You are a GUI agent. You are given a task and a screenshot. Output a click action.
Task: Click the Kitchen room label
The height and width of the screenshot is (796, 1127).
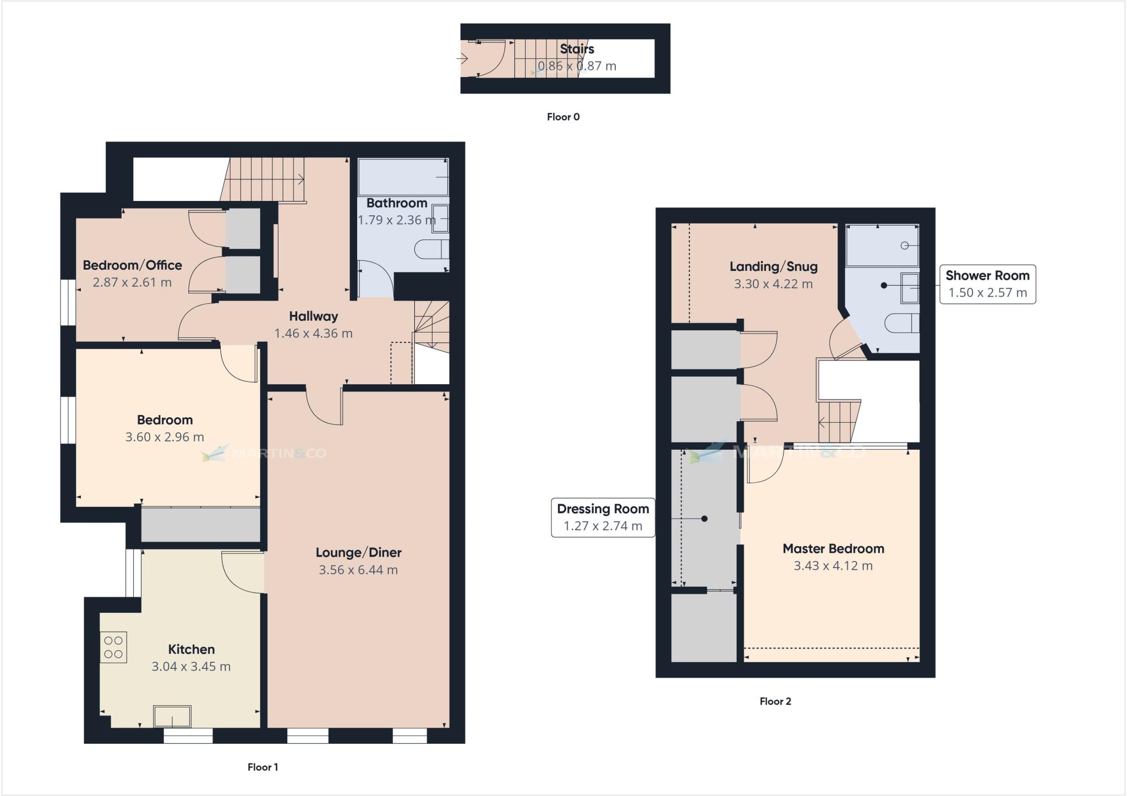pos(191,649)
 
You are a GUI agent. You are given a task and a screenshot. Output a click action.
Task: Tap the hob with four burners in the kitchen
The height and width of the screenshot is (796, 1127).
pos(113,647)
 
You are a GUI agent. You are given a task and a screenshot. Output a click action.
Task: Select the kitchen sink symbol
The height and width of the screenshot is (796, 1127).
pos(172,716)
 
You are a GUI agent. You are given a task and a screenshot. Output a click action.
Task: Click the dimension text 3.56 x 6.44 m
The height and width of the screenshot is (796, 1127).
pos(358,570)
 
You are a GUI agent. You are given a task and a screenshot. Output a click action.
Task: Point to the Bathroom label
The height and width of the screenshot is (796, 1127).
pos(397,203)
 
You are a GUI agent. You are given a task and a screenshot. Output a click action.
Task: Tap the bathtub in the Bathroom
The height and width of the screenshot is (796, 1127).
pos(403,177)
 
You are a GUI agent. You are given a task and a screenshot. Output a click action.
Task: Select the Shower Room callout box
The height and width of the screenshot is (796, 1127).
pos(987,284)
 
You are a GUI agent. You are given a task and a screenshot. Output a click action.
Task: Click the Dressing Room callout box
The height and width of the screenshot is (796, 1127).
pos(603,517)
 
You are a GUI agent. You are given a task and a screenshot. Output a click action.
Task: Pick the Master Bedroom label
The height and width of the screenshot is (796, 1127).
pos(833,548)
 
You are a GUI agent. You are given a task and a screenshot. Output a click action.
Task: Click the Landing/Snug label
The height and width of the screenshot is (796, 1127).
pos(773,266)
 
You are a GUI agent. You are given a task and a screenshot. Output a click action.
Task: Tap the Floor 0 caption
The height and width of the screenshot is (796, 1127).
pos(563,117)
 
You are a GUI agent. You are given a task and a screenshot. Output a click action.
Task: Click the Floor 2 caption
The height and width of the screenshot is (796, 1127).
pos(775,701)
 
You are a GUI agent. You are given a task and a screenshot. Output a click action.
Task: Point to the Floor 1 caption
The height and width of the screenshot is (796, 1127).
pos(262,767)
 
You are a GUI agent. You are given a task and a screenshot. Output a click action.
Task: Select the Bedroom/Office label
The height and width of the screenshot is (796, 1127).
pos(132,265)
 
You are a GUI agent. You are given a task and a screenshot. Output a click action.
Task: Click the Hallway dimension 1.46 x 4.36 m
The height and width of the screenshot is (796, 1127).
pos(313,333)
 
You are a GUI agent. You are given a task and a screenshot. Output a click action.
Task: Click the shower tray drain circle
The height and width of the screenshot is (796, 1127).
pos(905,246)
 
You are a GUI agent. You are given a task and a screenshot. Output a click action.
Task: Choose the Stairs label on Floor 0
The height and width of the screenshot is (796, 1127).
pos(577,48)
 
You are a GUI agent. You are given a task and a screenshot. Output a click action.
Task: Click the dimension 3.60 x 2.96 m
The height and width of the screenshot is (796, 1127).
pos(165,437)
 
